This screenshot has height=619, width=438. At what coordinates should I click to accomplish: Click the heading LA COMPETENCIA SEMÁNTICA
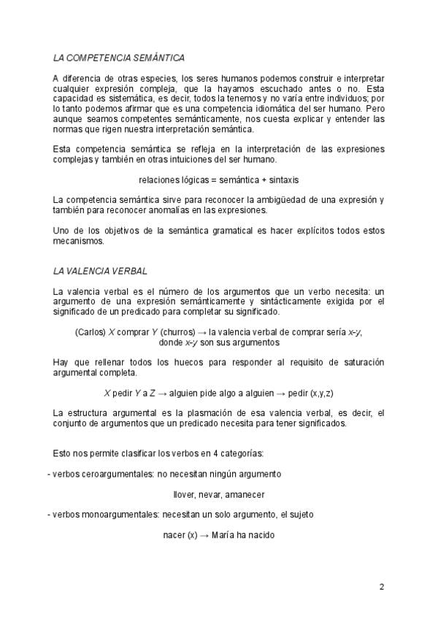coord(118,57)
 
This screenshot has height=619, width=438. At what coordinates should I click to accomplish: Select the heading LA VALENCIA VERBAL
coord(100,271)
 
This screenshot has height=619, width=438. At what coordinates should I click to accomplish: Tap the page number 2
coord(382,586)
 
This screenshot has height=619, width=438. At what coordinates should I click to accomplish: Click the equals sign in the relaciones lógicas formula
coord(216,179)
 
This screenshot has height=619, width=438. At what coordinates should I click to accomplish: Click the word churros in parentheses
coord(173,331)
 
